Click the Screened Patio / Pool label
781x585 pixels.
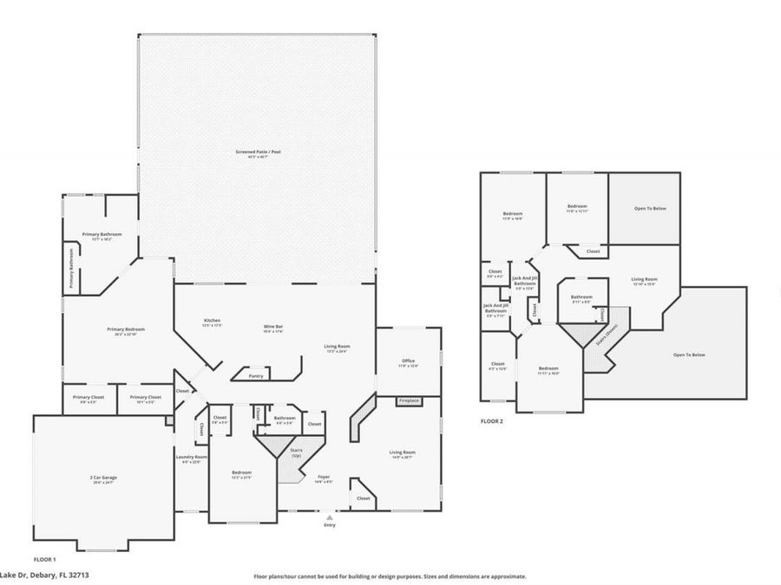point(258,152)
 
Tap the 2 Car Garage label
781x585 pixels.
point(102,478)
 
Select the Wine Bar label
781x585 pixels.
point(275,328)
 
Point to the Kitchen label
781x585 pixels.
point(212,321)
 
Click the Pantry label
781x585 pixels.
point(255,376)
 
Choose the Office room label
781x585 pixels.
point(408,361)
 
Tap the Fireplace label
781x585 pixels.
point(410,401)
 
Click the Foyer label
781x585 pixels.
point(323,477)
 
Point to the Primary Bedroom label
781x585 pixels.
point(126,329)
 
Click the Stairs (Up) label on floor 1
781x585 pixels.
point(296,452)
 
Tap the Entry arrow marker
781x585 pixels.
point(329,517)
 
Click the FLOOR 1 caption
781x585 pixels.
point(44,560)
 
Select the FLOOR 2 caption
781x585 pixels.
point(491,421)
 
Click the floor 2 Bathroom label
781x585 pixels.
point(581,297)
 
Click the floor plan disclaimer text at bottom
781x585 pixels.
point(390,575)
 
